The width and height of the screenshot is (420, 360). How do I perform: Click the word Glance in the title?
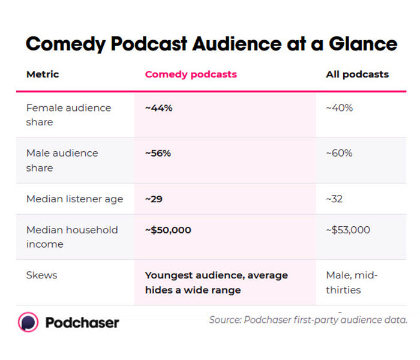[363, 44]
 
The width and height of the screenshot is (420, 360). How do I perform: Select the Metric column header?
[43, 74]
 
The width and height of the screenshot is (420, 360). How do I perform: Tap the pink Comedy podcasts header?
[191, 75]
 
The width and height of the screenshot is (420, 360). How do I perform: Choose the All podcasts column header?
[358, 75]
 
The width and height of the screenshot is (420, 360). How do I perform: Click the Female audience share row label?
[68, 115]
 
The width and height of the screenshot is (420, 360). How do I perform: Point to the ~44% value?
[158, 108]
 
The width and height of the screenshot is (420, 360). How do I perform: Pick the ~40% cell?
[340, 108]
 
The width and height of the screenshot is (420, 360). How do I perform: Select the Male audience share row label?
[62, 160]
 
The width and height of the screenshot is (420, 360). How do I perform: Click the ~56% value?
[158, 153]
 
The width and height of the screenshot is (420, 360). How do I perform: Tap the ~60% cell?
[339, 153]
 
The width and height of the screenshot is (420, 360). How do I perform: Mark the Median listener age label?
[75, 199]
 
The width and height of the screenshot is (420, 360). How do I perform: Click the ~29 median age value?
[154, 199]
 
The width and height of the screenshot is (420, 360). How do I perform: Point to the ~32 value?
[334, 199]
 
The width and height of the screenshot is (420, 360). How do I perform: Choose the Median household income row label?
[72, 237]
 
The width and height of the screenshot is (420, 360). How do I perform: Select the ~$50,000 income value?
[168, 230]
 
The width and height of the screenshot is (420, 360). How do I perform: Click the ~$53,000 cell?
[348, 230]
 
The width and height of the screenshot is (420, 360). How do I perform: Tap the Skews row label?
[41, 275]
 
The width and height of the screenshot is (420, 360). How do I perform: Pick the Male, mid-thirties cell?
[352, 283]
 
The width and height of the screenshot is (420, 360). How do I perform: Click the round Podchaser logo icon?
[28, 322]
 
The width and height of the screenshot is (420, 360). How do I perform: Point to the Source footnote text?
[308, 320]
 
